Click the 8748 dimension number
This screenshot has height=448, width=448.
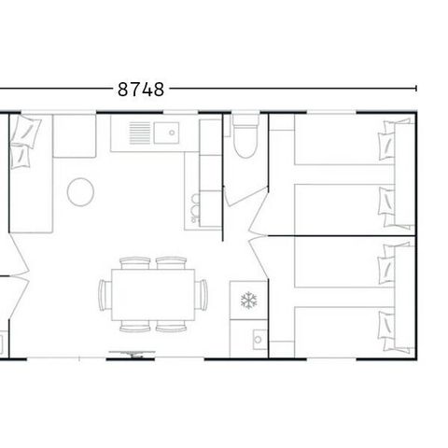[x=141, y=90]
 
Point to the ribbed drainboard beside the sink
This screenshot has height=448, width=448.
[x=140, y=133]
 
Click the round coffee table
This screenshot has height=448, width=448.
[x=80, y=193]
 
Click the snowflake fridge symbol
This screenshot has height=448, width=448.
[x=248, y=301]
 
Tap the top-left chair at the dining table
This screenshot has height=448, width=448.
[x=136, y=263]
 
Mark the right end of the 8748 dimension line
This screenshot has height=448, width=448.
[x=416, y=90]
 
